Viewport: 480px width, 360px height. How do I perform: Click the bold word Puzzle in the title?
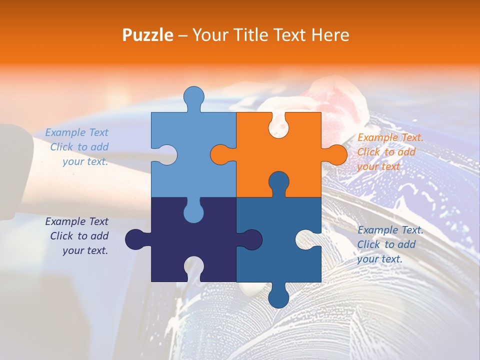click(x=148, y=35)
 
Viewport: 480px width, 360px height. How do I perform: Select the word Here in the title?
click(x=329, y=35)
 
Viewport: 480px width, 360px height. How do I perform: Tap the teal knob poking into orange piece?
click(x=278, y=182)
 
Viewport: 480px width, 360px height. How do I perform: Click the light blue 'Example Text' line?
click(x=76, y=132)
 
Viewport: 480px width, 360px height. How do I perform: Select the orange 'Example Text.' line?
click(x=390, y=137)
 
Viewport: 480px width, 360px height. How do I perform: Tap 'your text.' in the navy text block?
click(x=85, y=250)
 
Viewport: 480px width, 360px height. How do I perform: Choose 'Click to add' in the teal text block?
click(x=386, y=244)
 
